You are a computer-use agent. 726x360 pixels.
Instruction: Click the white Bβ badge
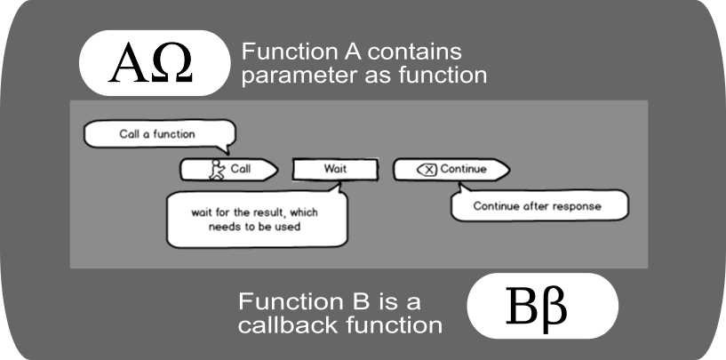(542, 306)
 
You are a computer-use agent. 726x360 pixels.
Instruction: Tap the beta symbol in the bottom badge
(557, 308)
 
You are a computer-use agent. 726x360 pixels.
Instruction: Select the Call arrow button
(229, 169)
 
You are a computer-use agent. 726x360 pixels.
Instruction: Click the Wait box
(334, 169)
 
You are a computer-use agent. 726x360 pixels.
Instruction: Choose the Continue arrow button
(451, 170)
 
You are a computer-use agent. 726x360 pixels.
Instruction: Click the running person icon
(216, 170)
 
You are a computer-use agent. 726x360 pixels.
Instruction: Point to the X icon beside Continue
(427, 170)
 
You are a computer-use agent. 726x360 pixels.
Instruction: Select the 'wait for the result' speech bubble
(256, 219)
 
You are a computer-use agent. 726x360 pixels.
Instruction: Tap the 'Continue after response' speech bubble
(537, 206)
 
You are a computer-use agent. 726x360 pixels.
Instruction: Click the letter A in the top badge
(127, 64)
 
